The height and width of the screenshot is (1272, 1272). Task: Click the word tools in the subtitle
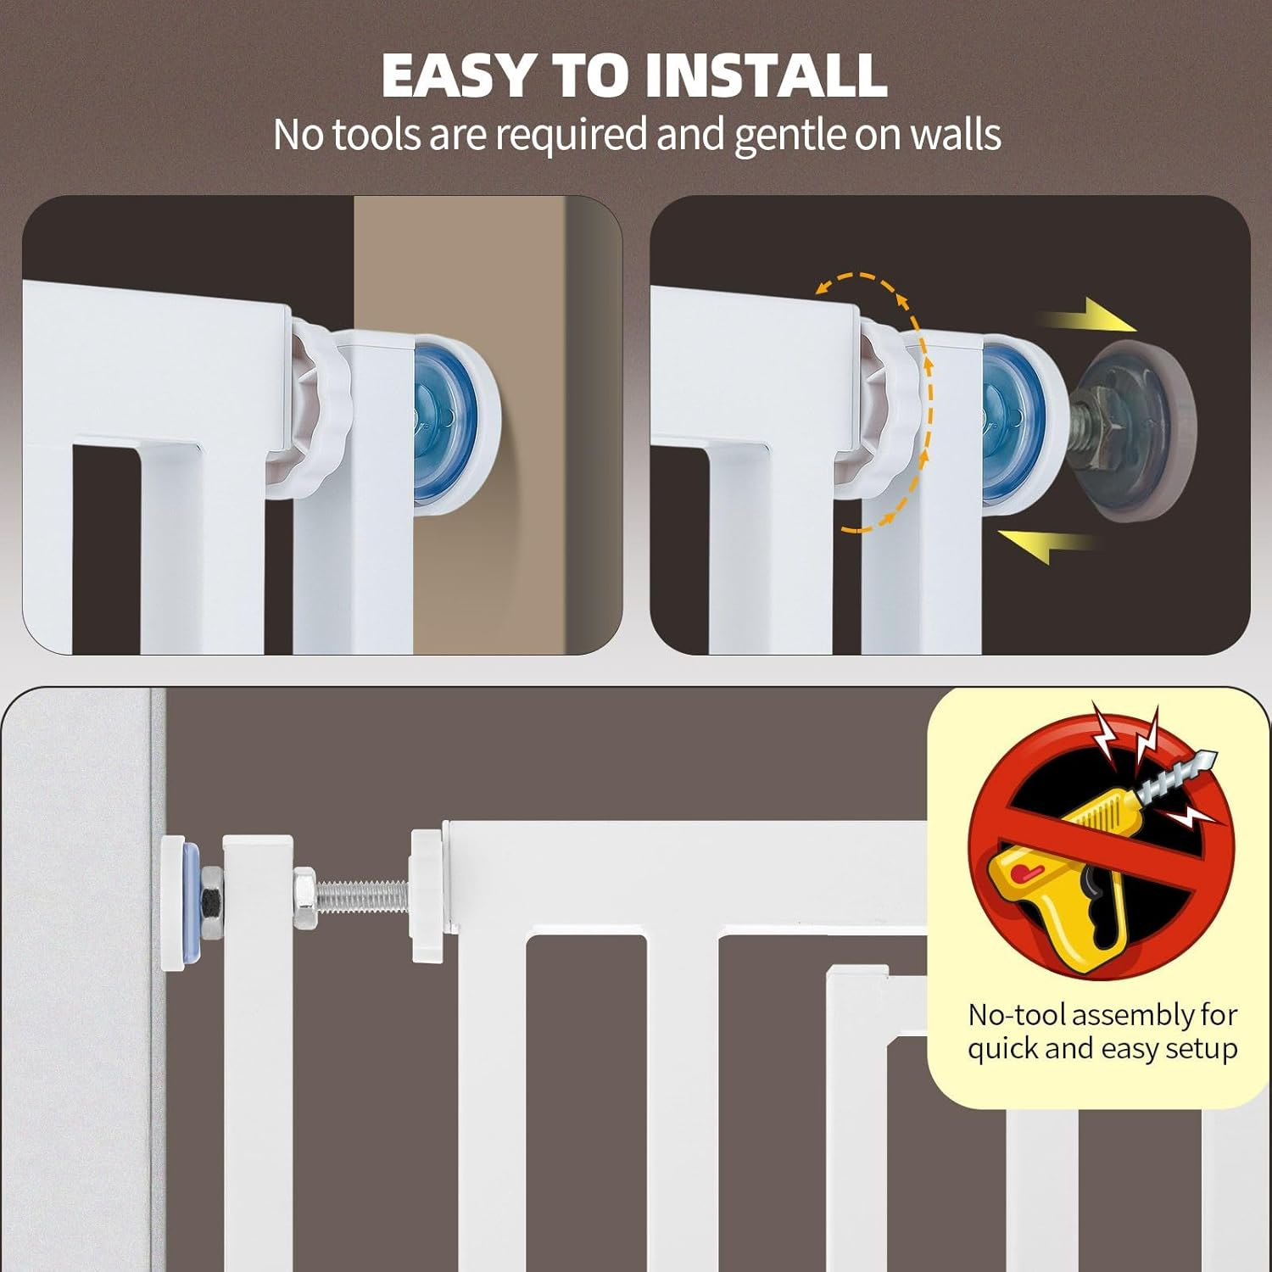point(377,135)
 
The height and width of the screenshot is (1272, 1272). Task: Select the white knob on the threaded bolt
point(431,897)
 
